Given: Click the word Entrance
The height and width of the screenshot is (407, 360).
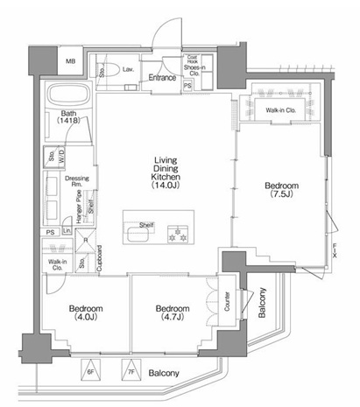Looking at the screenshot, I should [163, 78].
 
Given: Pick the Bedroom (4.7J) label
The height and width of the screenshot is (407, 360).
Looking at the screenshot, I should [172, 313].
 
